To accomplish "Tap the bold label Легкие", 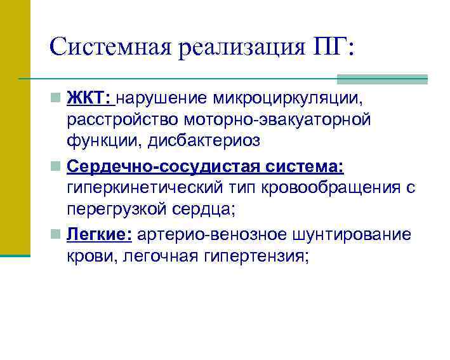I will click(98, 235).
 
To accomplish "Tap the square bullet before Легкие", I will click(57, 235).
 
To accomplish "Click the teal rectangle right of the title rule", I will click(381, 79).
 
